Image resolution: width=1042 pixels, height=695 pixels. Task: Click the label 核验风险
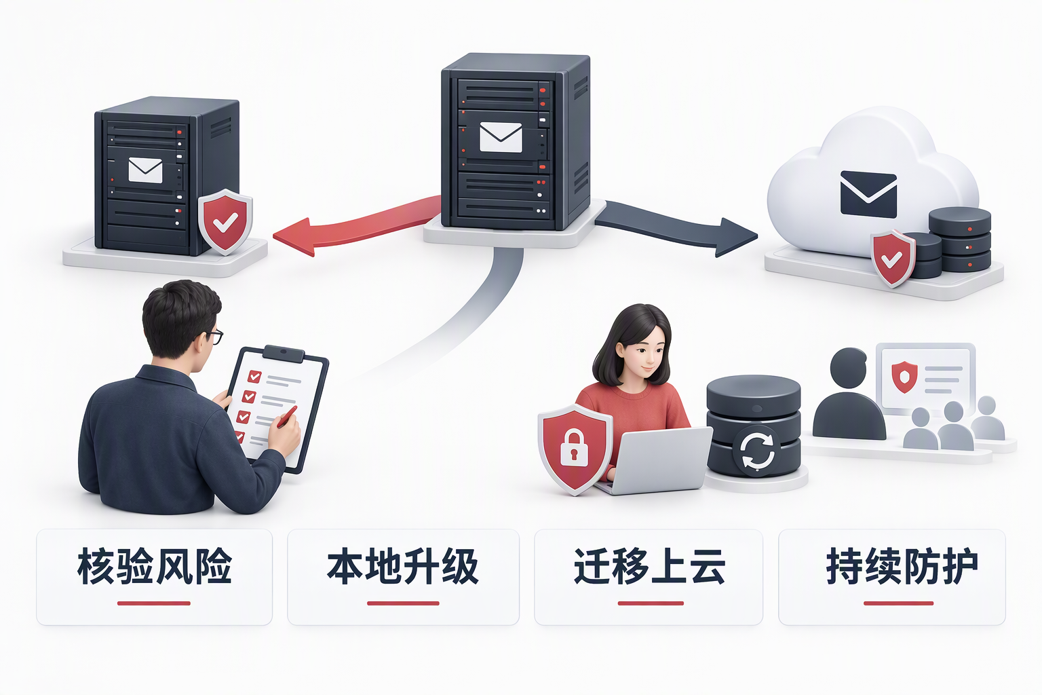point(155,567)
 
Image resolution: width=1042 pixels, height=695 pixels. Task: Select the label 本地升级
point(403,567)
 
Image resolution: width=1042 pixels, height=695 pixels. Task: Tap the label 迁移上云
point(649,567)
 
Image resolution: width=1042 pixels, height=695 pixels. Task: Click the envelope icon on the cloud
point(868,194)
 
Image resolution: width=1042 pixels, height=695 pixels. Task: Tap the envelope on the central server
point(501,137)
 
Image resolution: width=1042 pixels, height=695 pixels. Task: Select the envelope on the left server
point(145,170)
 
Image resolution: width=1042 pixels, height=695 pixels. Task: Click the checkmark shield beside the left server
point(225,221)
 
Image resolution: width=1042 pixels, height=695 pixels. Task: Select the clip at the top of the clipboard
point(284,354)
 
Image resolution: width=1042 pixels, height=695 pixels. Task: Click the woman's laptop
point(656,461)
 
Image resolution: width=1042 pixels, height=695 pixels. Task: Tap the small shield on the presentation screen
point(904,376)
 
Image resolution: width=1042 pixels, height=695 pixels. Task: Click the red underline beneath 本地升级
point(403,603)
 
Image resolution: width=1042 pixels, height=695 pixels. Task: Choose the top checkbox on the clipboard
point(254,375)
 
